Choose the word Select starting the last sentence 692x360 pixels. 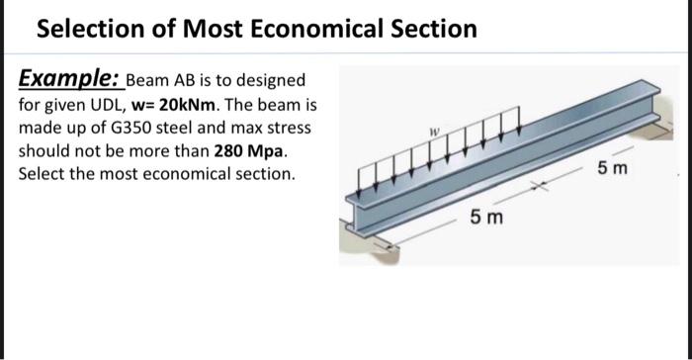(41, 174)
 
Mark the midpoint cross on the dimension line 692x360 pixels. (543, 184)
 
